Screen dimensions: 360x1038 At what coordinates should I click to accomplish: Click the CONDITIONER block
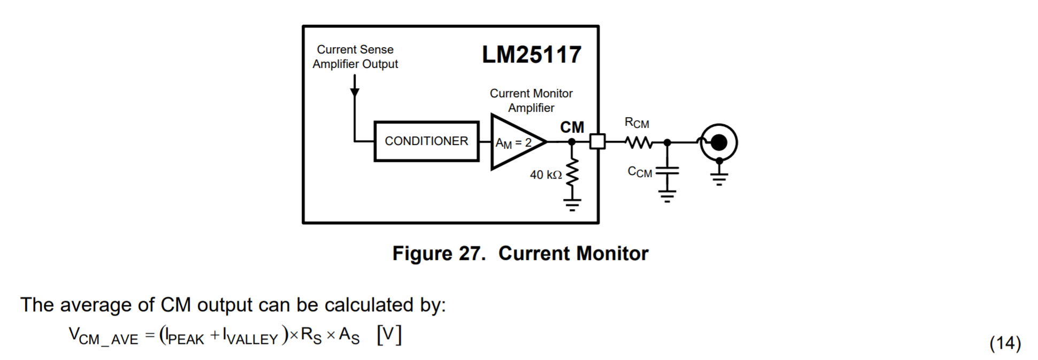coord(426,141)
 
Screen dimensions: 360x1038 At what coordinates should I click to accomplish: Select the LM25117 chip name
coord(531,55)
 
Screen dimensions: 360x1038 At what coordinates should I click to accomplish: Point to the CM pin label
coord(572,127)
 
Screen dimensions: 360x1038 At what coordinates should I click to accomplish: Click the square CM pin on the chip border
coord(597,142)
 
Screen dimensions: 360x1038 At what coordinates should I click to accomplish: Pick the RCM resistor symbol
coord(639,142)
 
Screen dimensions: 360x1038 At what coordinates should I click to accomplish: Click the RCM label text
coord(636,123)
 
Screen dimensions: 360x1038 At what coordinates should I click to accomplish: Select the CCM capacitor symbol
coord(667,171)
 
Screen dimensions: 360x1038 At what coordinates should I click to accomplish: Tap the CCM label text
coord(640,172)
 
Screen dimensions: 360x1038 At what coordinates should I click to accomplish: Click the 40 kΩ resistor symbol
coord(572,172)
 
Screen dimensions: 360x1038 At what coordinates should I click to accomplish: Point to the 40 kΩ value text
coord(545,175)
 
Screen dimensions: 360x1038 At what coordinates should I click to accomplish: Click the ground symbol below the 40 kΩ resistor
coord(572,204)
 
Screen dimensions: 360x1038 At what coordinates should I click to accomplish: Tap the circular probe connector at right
coord(719,142)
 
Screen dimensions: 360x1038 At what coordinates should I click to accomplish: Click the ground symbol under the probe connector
coord(719,179)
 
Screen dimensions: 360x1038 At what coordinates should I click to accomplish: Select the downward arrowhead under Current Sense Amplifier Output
coord(355,93)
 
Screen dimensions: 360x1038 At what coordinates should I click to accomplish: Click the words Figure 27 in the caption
coord(439,254)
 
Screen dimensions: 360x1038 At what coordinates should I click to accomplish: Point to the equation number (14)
coord(1005,343)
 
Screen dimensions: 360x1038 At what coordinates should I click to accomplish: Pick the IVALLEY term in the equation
coord(250,337)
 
